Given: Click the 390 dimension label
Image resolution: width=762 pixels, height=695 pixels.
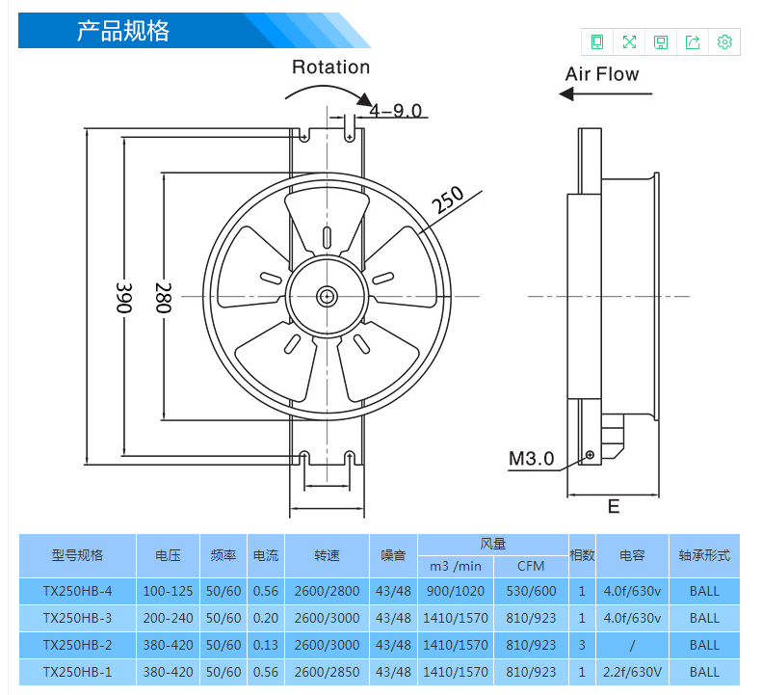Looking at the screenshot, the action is point(124,298).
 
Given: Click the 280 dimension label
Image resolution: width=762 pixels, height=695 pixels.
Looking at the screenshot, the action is point(164,298).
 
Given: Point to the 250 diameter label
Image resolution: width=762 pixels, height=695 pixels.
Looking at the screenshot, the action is point(448,200).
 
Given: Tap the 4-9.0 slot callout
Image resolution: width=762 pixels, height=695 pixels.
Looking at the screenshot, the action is point(396,111).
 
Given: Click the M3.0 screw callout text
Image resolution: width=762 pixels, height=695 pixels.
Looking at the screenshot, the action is point(531,459).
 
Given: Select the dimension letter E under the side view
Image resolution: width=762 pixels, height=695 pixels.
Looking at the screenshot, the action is point(614,507).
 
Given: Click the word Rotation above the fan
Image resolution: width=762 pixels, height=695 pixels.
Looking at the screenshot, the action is point(331,67).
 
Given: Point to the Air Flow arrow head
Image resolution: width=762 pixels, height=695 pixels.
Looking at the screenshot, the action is point(566,94).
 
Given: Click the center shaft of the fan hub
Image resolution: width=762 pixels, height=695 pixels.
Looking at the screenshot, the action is point(328,296).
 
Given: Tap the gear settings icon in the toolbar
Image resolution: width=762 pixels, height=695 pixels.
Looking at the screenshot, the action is point(724,41).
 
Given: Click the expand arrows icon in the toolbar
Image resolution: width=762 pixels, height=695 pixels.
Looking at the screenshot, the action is point(629,41).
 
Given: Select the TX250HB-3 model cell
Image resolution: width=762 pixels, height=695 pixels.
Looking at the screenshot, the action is point(77,618).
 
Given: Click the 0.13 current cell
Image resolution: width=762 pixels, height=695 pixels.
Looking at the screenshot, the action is point(266,645).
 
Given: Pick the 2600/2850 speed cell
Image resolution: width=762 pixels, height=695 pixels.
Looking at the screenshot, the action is point(328,672).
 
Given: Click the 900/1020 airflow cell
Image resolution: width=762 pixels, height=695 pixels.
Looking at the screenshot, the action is point(456,591).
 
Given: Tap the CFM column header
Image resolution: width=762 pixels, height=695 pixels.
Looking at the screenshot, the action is point(531,566).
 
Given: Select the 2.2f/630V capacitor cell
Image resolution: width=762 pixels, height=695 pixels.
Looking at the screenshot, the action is point(632,672).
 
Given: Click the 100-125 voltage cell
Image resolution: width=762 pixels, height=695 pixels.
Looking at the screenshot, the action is point(169,591).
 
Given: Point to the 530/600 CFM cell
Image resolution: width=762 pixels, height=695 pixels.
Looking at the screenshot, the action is point(531,591).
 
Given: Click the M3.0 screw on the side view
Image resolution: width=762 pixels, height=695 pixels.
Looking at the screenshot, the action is point(590,455).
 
